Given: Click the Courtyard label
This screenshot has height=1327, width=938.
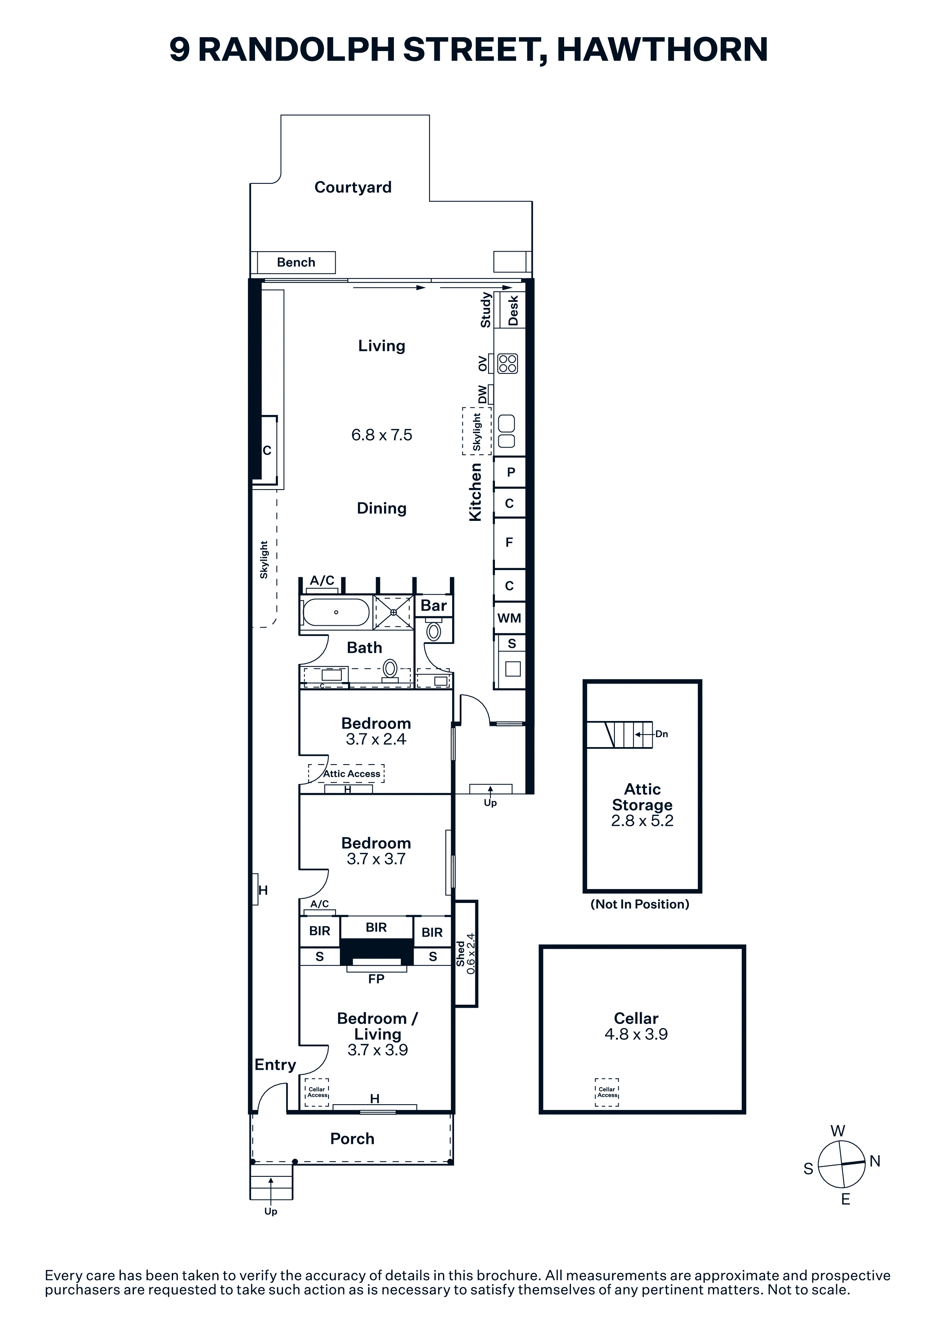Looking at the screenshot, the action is [x=353, y=187].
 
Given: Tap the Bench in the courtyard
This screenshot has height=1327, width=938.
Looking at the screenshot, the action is [x=296, y=263].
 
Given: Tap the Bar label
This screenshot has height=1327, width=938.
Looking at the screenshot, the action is [x=434, y=605].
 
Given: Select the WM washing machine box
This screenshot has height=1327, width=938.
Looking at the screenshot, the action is [x=509, y=618].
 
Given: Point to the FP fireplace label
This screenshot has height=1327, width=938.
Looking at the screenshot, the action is [x=376, y=979].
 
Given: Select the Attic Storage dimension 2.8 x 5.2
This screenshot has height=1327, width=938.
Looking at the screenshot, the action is [x=642, y=821].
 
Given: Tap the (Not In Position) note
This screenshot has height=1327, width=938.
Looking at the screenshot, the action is [x=640, y=904].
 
